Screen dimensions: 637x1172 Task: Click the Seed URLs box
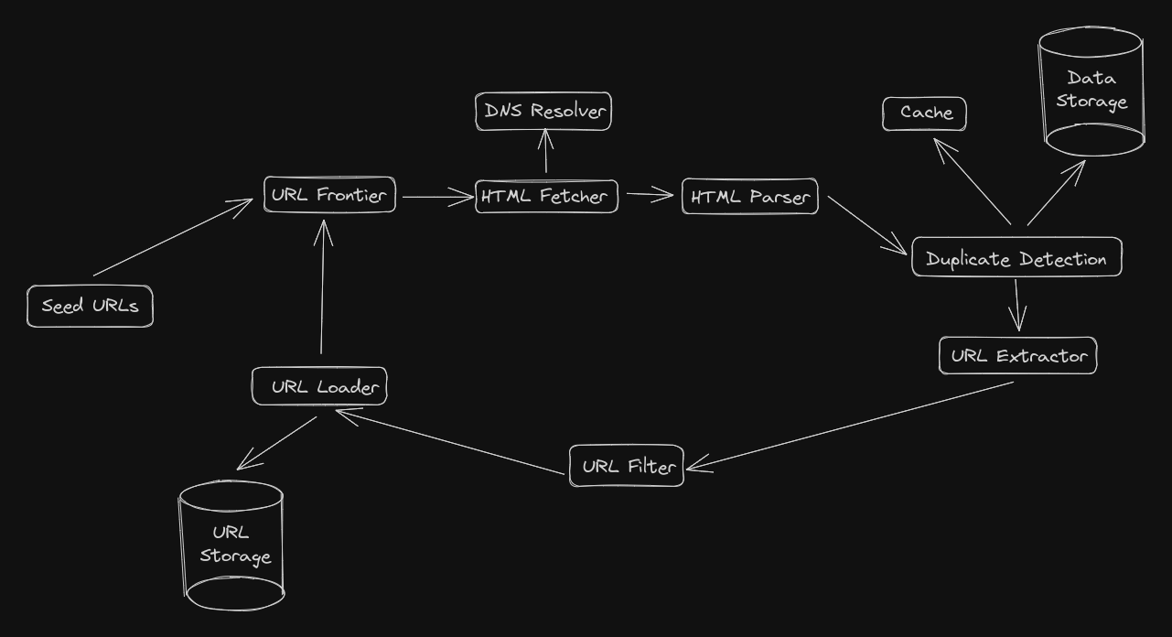point(90,307)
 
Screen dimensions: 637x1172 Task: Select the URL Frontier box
point(329,195)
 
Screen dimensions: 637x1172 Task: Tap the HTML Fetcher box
point(547,197)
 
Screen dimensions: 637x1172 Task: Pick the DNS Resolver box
point(543,112)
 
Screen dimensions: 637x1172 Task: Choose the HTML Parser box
point(749,197)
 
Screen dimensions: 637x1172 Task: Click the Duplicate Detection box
point(1016,259)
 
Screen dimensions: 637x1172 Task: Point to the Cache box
point(924,113)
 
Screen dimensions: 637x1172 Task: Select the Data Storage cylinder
point(1092,92)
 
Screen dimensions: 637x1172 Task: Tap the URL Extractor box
point(1017,356)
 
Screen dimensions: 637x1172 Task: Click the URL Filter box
point(627,467)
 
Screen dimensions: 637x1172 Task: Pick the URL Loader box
point(319,386)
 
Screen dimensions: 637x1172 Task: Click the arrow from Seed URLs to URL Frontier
point(173,236)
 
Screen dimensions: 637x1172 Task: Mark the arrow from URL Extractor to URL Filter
point(851,425)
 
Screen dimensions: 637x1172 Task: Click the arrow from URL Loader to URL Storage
point(277,444)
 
